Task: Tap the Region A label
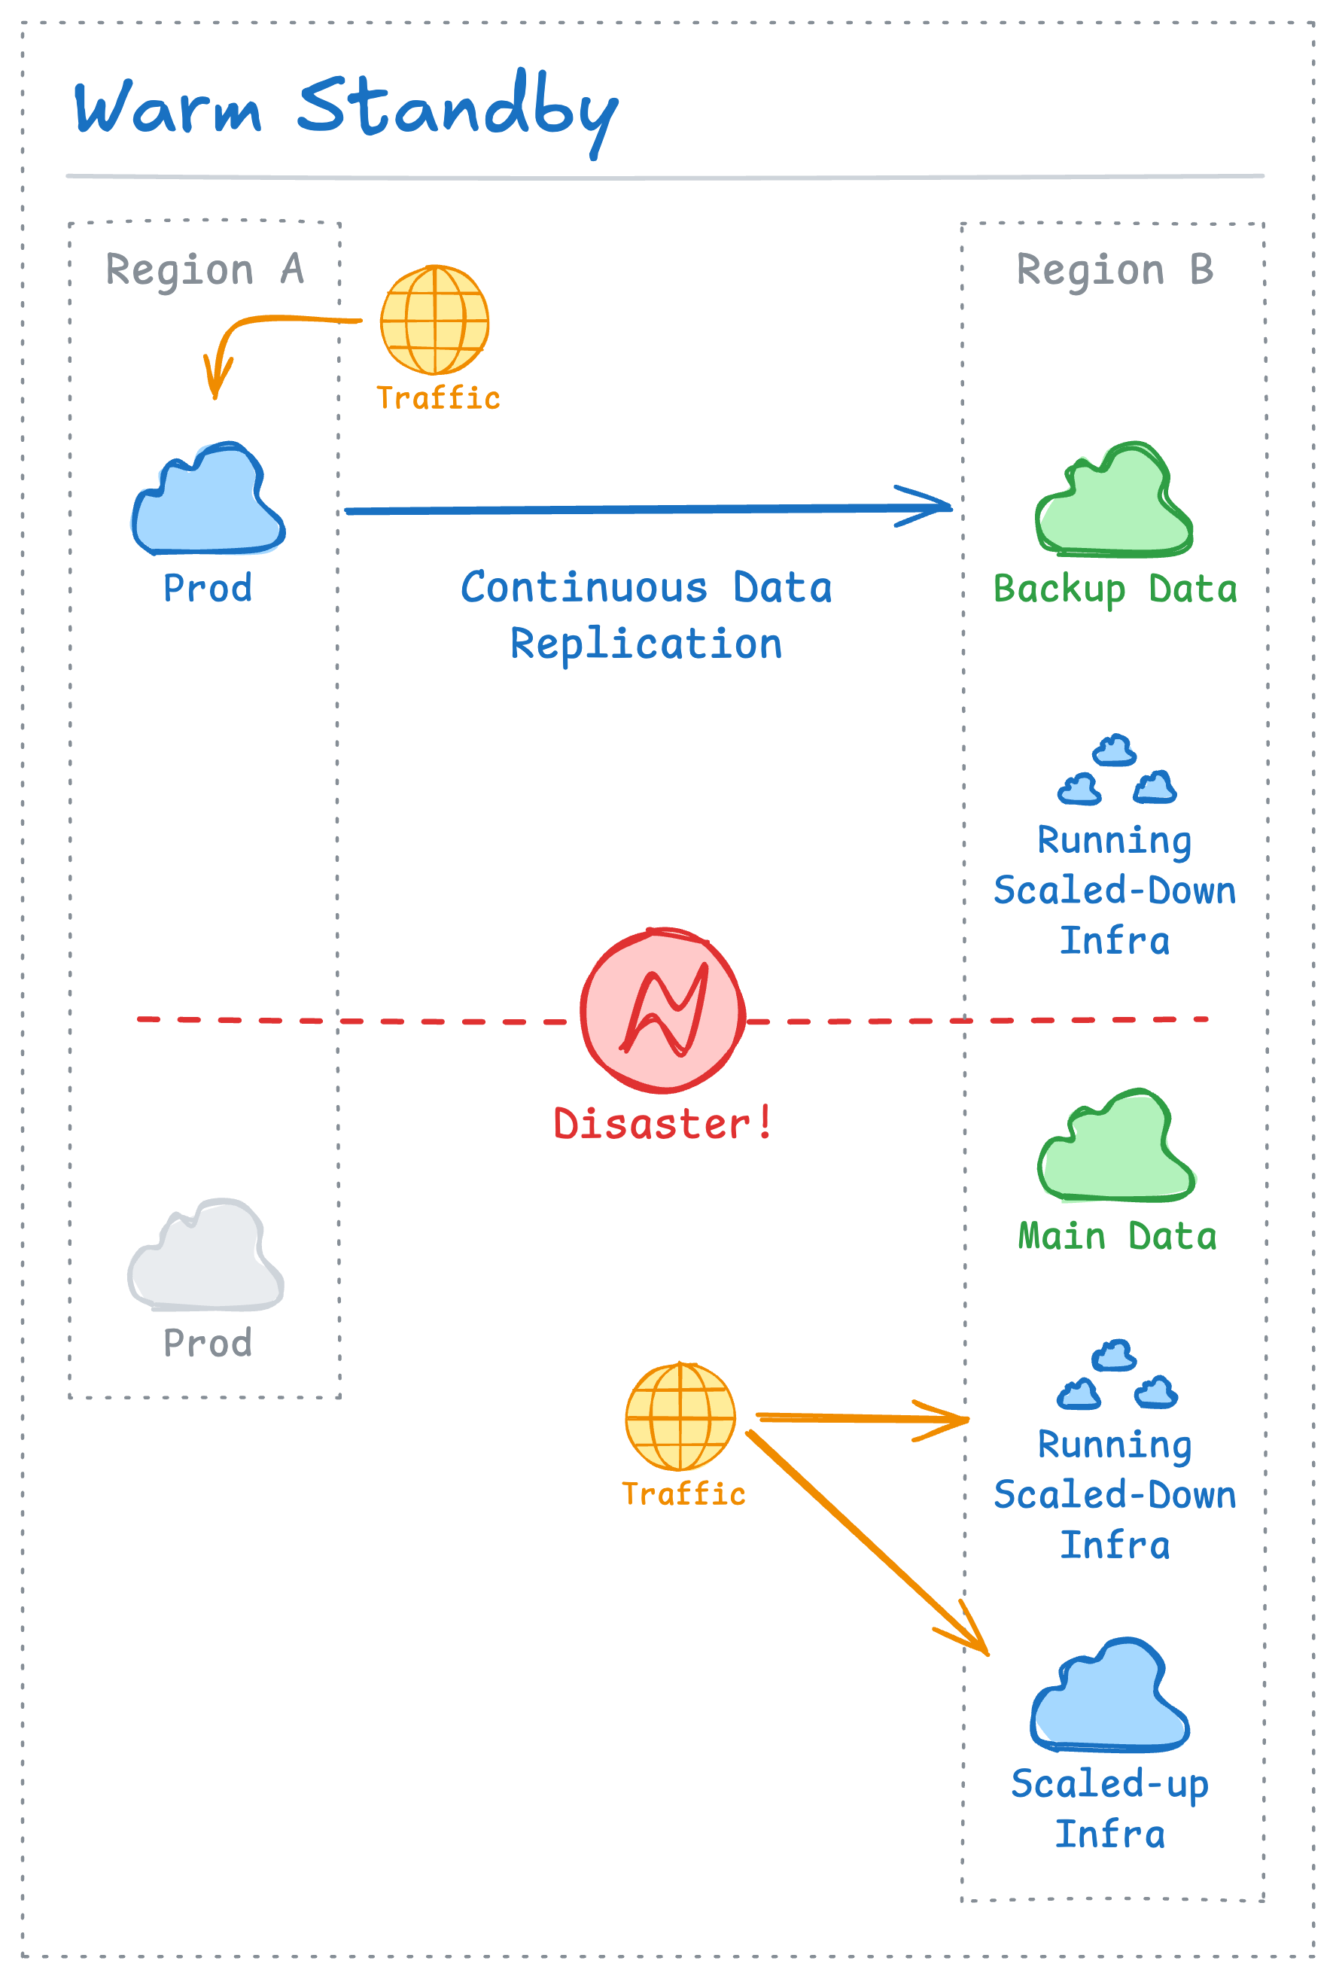[205, 270]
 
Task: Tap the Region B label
[1115, 270]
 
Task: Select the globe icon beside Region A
[434, 320]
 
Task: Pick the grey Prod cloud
[205, 1257]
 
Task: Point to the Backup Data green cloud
[1114, 504]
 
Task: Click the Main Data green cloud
[1116, 1149]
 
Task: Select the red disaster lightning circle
[663, 1011]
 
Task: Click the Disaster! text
[662, 1123]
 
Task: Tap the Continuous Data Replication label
[647, 616]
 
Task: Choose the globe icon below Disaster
[680, 1416]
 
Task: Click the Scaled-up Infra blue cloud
[1109, 1699]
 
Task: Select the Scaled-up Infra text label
[1109, 1809]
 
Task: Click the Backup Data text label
[1115, 589]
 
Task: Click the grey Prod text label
[208, 1343]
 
